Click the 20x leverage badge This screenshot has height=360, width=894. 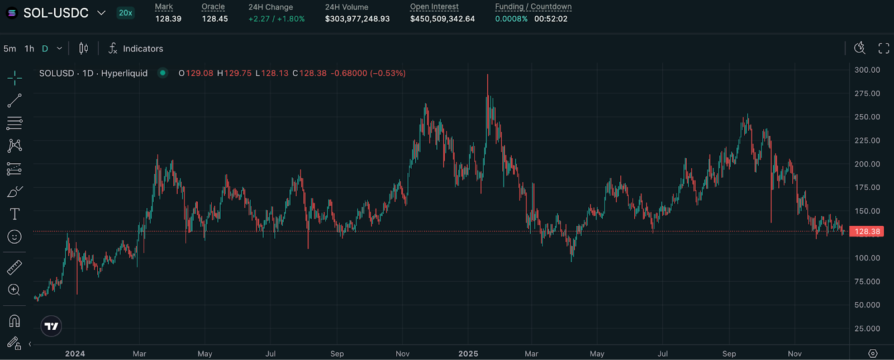[126, 13]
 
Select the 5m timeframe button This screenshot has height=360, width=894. [9, 49]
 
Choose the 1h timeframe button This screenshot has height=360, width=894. [29, 49]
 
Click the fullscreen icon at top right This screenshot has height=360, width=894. [883, 49]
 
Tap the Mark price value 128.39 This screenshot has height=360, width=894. [168, 19]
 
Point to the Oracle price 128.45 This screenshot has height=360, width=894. [215, 19]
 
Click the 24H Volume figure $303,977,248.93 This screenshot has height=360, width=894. [357, 19]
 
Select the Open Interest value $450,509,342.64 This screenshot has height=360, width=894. [442, 19]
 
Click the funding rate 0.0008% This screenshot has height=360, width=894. [511, 19]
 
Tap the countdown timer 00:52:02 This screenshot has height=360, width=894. [550, 19]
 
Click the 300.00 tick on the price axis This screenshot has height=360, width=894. [867, 70]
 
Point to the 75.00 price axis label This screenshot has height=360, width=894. [867, 282]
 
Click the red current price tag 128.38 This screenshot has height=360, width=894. [867, 231]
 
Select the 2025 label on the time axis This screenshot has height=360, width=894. [468, 354]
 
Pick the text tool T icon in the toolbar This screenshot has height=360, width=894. [15, 214]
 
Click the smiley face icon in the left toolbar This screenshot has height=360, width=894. [15, 237]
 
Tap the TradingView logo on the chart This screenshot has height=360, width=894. [51, 326]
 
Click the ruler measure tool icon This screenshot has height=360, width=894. [15, 267]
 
